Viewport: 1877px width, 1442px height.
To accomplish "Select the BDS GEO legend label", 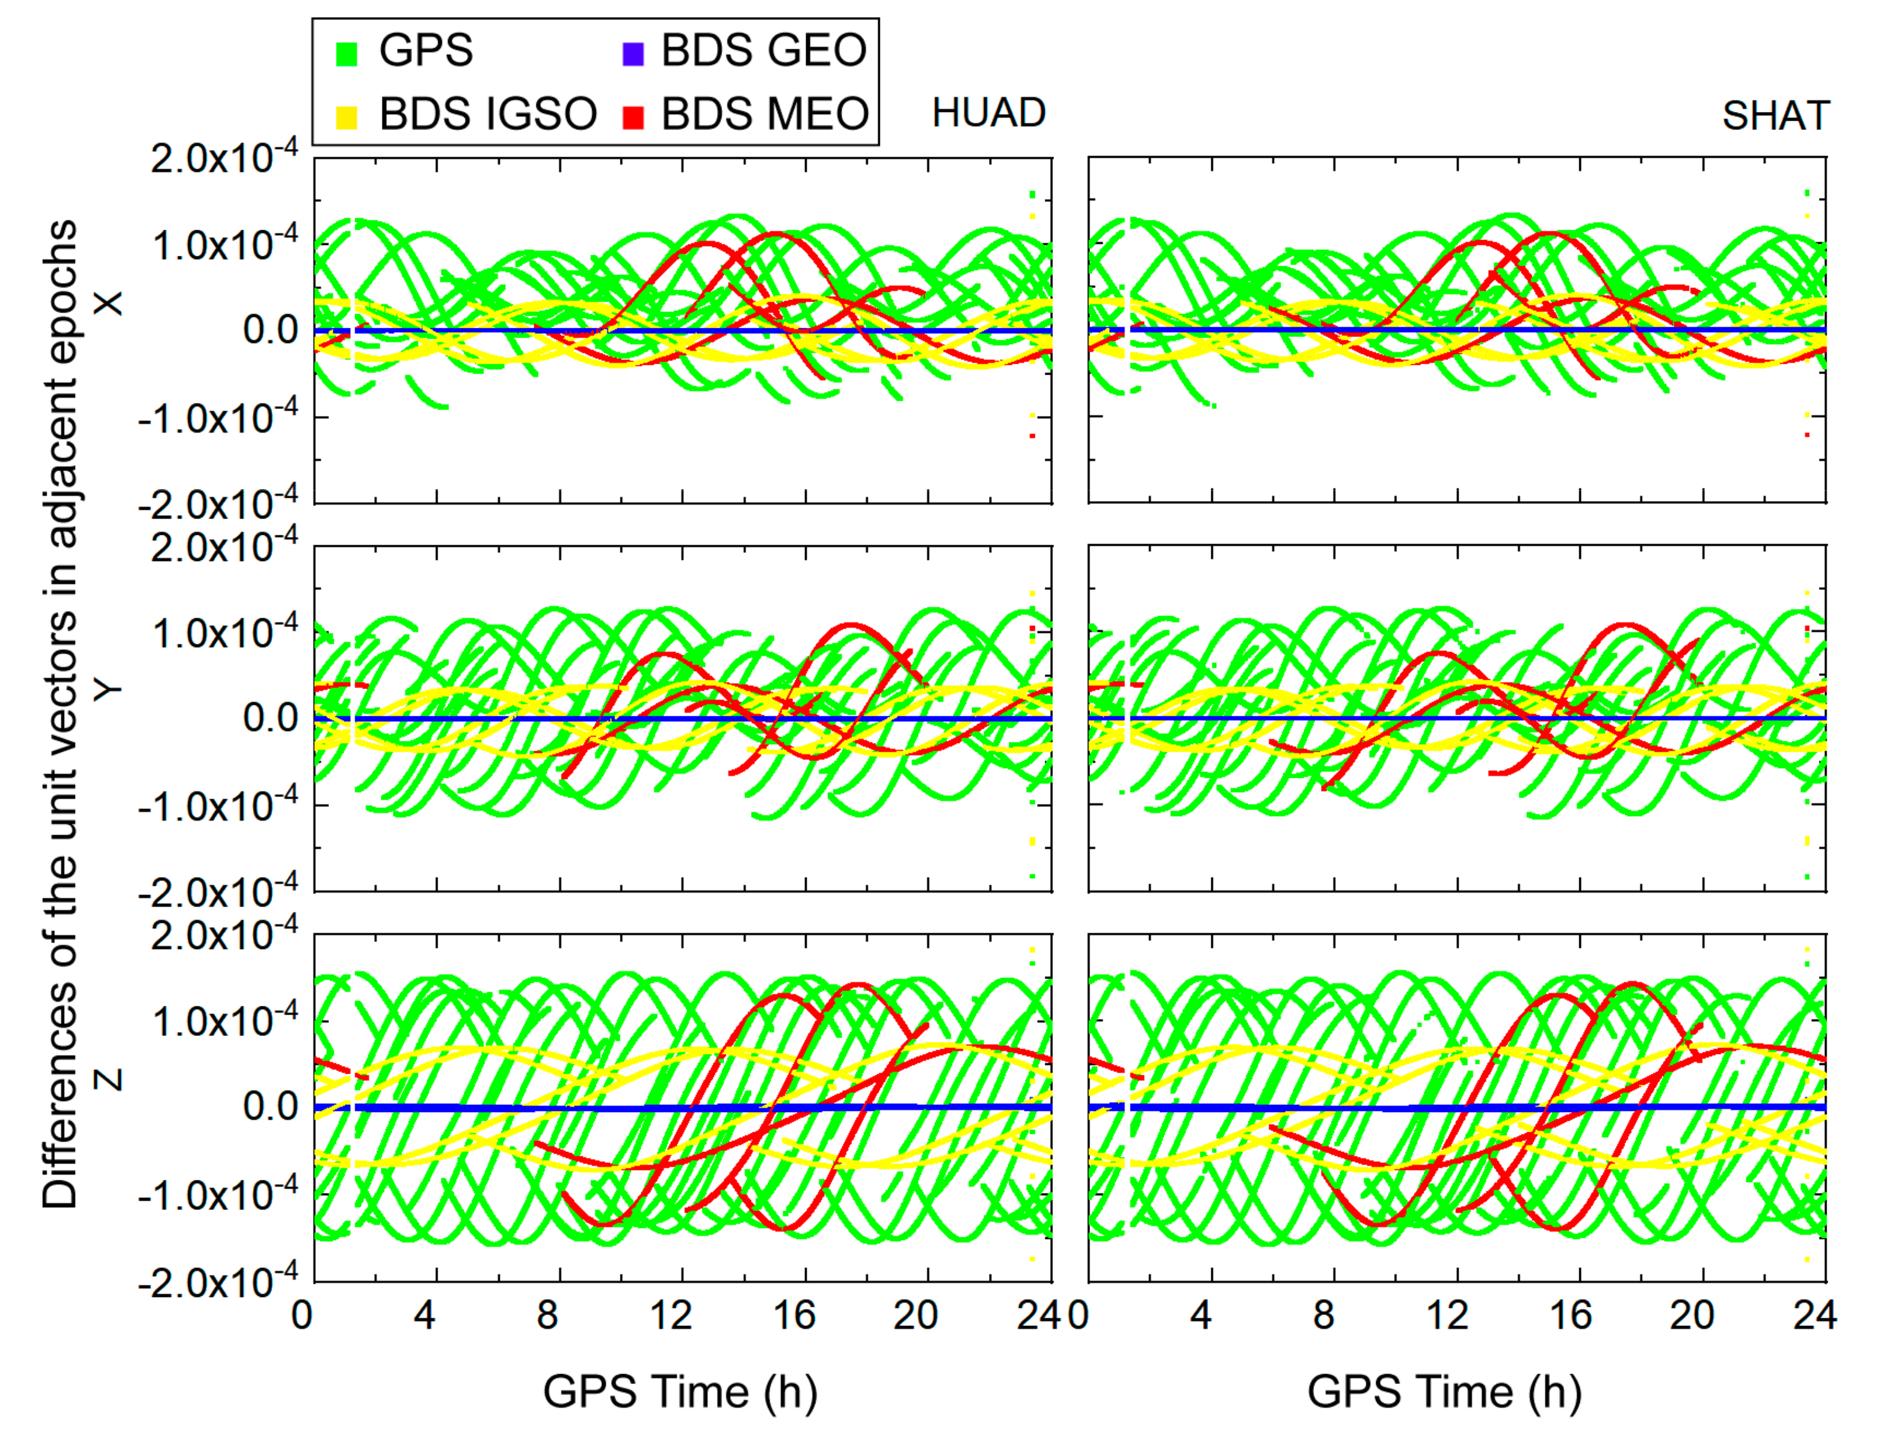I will tap(763, 50).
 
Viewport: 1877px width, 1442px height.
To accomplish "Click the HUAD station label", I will tap(988, 113).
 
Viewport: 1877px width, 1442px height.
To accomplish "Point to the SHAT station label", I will tap(1775, 116).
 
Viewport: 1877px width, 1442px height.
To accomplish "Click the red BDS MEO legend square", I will tap(633, 117).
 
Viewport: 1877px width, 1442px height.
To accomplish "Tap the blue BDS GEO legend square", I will tap(633, 54).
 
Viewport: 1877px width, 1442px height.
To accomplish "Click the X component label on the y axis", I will tap(109, 303).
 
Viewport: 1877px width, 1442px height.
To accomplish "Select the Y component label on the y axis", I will tap(109, 691).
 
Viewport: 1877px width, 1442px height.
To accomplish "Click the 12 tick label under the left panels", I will tap(670, 1315).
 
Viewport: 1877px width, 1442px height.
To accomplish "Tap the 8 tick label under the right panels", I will tap(1323, 1315).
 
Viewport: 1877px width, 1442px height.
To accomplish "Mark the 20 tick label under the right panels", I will tap(1691, 1315).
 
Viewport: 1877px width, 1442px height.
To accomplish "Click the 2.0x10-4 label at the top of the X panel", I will tap(224, 158).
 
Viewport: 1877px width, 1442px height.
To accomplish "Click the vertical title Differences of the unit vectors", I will tap(60, 712).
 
